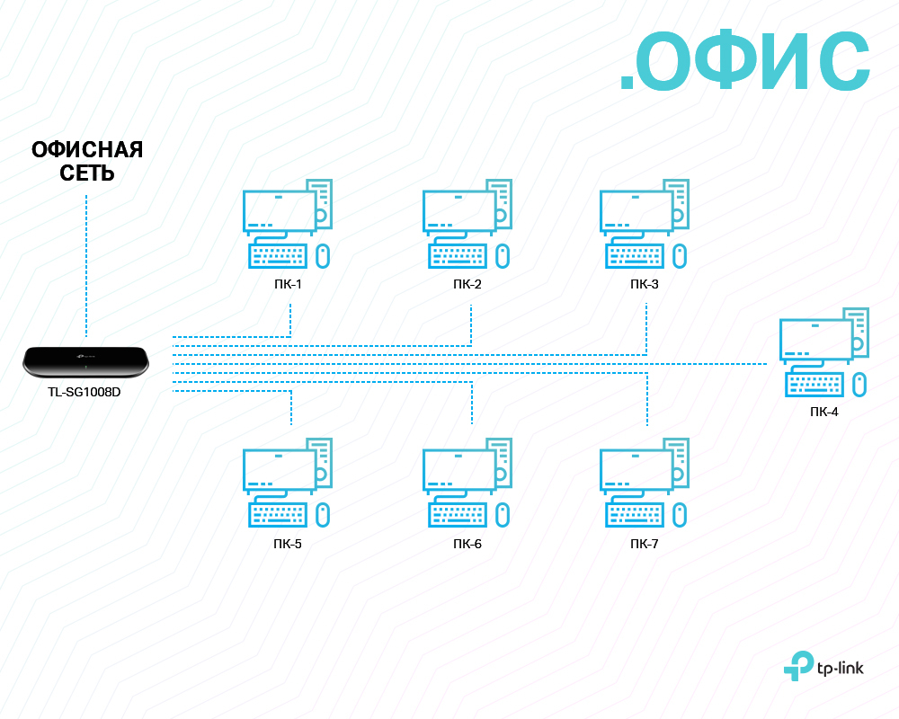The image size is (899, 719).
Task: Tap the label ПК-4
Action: [823, 412]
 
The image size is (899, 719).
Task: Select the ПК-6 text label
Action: [467, 544]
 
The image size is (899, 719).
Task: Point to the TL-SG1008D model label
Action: [85, 392]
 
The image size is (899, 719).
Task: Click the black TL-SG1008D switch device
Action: [85, 361]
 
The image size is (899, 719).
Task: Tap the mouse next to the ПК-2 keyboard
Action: [503, 256]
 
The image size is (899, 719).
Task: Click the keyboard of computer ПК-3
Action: [635, 256]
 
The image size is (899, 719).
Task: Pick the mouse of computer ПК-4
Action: [859, 385]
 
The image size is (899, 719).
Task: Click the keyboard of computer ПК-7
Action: [635, 515]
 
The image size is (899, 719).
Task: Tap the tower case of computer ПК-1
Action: [322, 203]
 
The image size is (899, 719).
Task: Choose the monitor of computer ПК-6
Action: [458, 469]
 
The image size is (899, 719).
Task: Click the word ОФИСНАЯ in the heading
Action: [87, 150]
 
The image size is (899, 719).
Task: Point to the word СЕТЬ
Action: [87, 173]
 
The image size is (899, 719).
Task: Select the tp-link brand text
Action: [843, 667]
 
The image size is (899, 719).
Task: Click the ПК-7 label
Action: [645, 544]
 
